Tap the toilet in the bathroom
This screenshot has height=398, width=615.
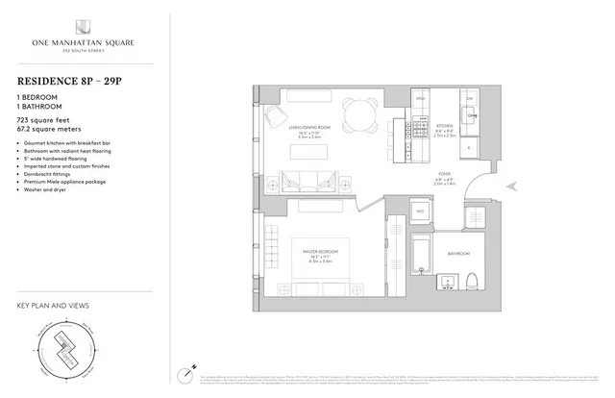click(x=475, y=281)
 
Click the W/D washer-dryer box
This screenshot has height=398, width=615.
click(x=420, y=211)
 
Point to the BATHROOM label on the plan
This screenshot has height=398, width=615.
click(x=458, y=254)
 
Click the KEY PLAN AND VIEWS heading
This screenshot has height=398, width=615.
click(x=54, y=306)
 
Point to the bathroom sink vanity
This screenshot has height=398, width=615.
click(x=447, y=281)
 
